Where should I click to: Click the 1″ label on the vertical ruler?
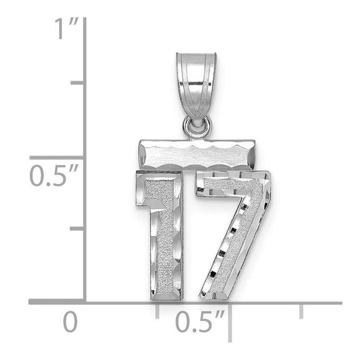pos(65,29)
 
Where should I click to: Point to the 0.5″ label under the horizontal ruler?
pos(199,322)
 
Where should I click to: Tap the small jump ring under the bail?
pos(197,127)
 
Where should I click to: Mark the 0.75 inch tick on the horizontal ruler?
pos(302,310)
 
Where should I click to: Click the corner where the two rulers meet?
pos(85,302)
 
